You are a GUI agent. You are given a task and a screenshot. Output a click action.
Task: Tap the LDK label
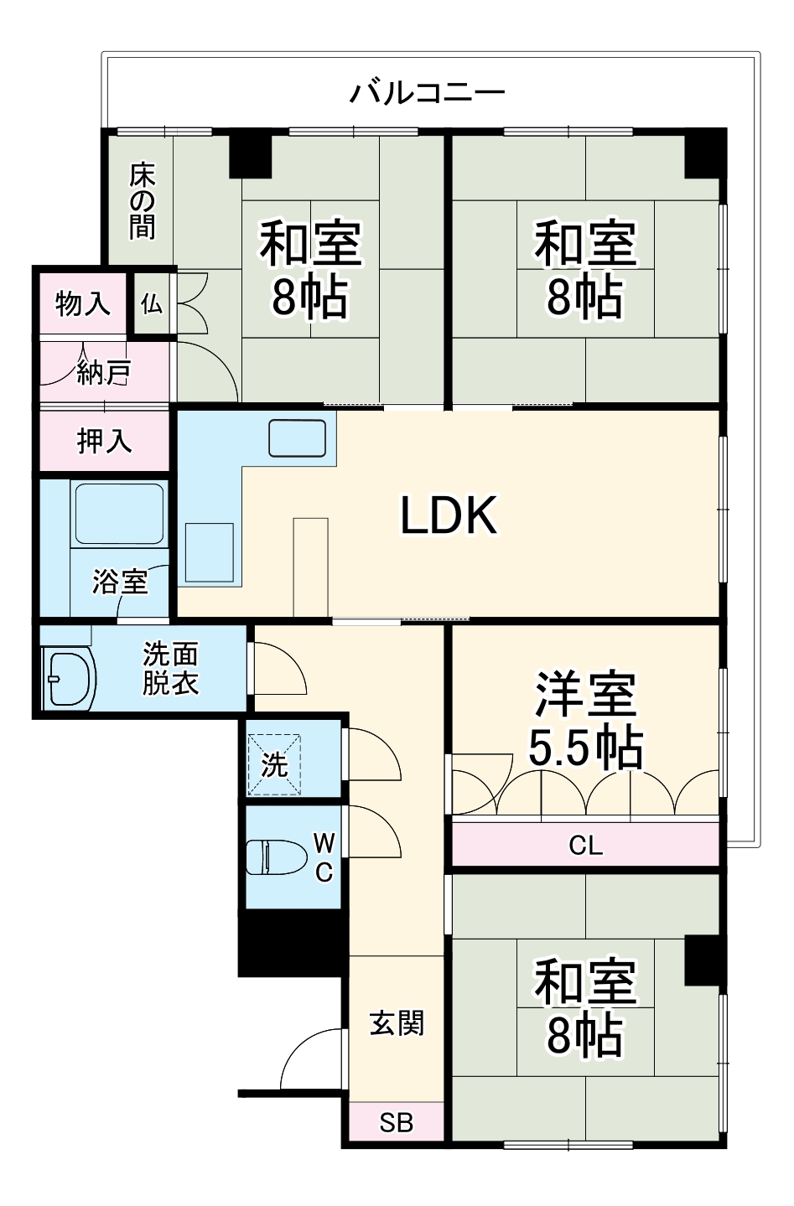point(449,515)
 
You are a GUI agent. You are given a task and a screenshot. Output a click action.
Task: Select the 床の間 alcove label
point(142,201)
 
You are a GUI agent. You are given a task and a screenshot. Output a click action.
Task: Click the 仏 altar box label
point(151,303)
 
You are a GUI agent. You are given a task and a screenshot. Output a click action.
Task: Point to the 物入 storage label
point(82,303)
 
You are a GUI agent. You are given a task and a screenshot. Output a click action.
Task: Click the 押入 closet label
point(104,440)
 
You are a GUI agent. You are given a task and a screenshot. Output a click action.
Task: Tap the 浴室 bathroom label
point(120,581)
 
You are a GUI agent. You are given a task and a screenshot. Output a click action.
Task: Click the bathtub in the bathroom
point(118,513)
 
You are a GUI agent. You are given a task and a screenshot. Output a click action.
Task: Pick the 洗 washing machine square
point(273,764)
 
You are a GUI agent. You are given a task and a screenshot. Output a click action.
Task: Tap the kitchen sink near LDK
point(297,438)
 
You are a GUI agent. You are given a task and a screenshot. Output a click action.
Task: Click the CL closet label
point(585,845)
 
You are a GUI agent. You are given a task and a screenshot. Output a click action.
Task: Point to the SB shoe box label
point(396,1122)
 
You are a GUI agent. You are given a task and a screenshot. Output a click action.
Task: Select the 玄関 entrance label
point(397,1023)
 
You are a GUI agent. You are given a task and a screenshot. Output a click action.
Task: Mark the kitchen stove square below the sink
point(209,552)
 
